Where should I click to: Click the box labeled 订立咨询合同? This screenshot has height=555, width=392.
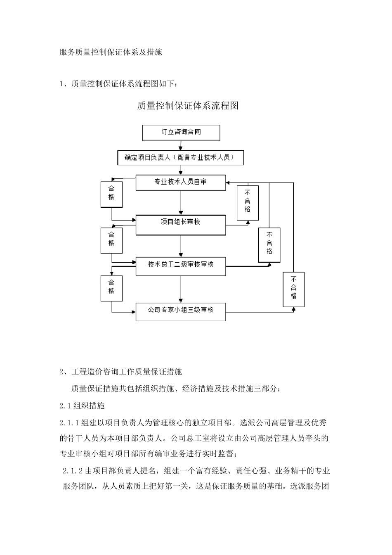tap(181, 133)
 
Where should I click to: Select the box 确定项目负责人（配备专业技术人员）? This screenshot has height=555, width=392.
tap(181, 157)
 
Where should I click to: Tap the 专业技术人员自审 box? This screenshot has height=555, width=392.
tap(181, 182)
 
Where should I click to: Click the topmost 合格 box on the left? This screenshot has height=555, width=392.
tap(111, 194)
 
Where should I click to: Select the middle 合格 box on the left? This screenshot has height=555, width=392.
tap(111, 240)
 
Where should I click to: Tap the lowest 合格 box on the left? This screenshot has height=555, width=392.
tap(111, 287)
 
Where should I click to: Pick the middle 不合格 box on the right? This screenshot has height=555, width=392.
tap(269, 245)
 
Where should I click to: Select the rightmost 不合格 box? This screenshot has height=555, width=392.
tap(293, 289)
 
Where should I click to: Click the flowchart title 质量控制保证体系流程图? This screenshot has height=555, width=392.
tap(188, 106)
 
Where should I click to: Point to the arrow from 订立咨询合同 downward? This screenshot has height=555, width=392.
tap(181, 145)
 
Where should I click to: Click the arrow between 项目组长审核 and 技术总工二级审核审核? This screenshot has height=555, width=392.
tap(181, 247)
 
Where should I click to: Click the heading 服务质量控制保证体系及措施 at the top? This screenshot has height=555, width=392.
tap(111, 52)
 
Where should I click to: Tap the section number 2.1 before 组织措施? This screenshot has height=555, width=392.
tap(65, 406)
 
